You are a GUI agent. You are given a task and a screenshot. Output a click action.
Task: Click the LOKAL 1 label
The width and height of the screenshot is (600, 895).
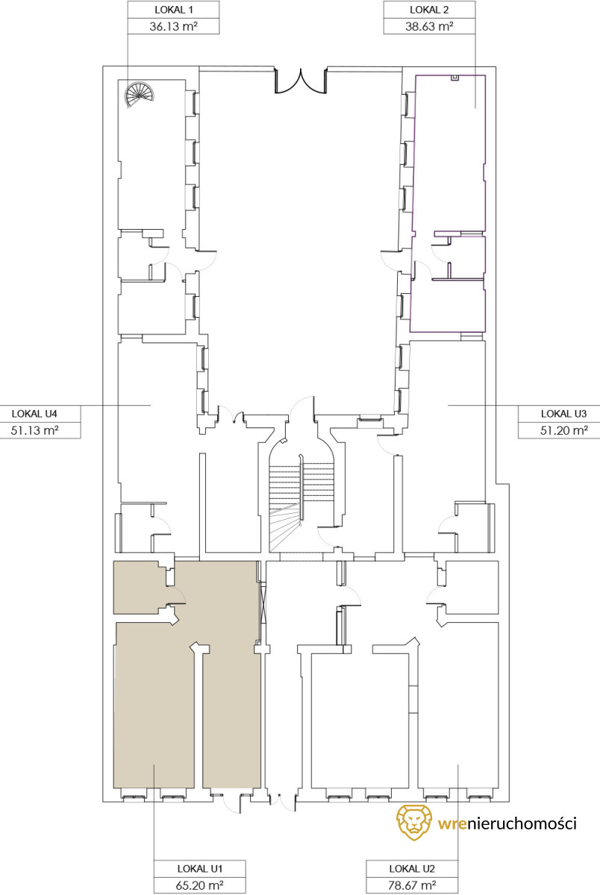[x=173, y=10]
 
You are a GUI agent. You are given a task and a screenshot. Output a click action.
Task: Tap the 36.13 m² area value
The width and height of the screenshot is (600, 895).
[x=173, y=26]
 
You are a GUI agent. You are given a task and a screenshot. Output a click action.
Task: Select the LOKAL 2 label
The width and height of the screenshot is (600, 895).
[x=429, y=10]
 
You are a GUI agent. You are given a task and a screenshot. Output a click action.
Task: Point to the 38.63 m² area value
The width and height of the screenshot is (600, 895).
[x=429, y=26]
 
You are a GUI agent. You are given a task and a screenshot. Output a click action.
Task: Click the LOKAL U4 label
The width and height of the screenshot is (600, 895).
[x=34, y=413]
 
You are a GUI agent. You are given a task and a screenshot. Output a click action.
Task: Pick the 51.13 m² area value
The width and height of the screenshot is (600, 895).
[x=34, y=430]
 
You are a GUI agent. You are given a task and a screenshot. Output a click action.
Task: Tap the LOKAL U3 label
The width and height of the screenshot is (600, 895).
[x=564, y=413]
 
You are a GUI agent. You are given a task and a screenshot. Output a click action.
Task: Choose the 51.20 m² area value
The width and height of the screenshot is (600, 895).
[x=564, y=430]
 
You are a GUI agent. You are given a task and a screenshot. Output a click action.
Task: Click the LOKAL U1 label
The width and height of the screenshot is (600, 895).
[x=200, y=868]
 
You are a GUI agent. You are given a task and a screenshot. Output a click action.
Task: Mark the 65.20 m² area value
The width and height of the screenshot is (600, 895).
[x=200, y=885]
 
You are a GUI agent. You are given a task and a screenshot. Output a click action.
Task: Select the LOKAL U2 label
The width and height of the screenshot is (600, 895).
[x=412, y=868]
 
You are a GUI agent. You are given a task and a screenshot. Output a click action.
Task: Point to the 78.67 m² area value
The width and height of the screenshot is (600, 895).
[x=412, y=885]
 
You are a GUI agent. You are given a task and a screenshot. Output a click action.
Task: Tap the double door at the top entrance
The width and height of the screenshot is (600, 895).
[x=301, y=81]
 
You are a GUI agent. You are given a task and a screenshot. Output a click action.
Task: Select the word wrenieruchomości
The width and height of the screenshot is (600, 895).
[x=507, y=823]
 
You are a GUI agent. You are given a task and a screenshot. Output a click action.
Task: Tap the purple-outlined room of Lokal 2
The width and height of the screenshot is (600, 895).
[x=449, y=204]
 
